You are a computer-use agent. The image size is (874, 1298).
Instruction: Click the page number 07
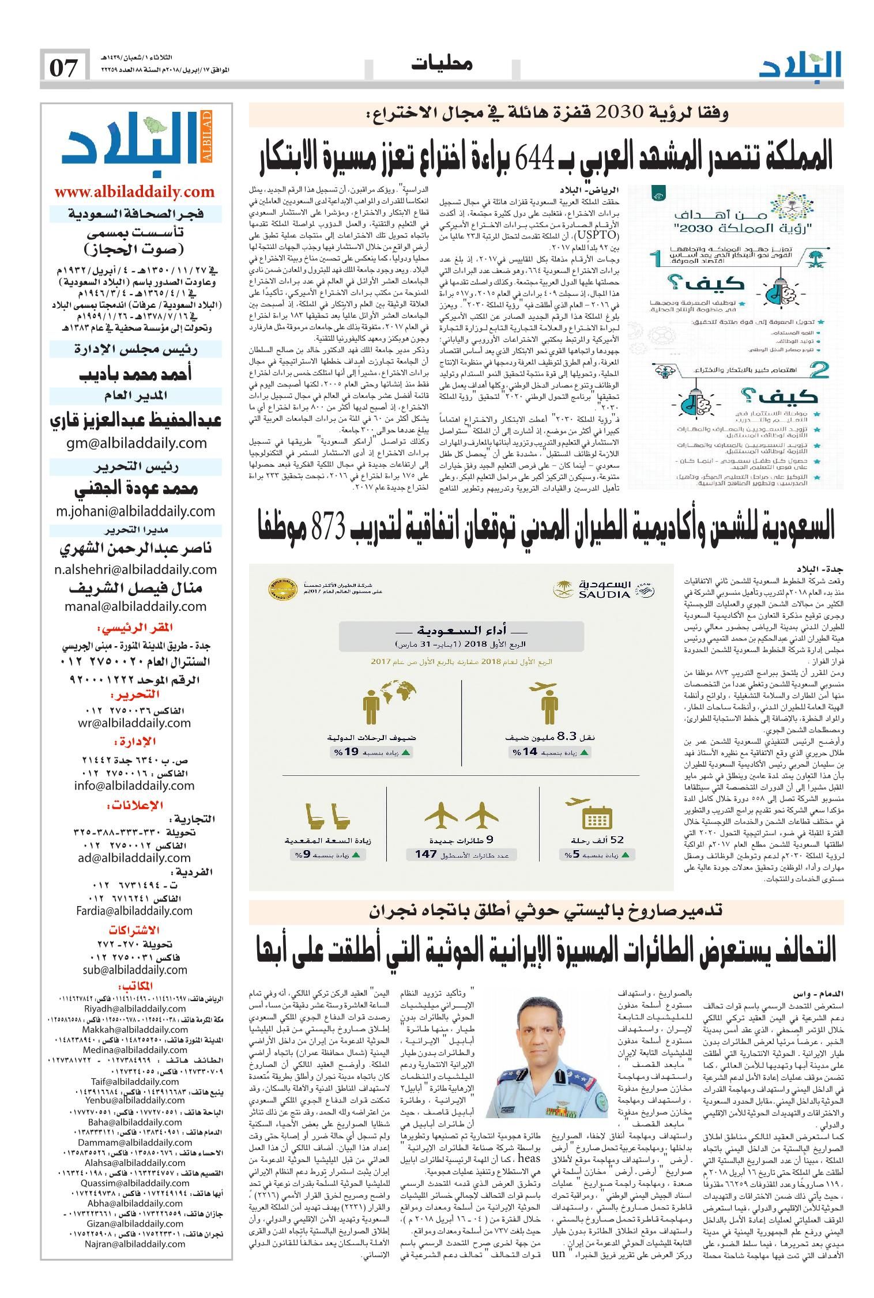click(64, 69)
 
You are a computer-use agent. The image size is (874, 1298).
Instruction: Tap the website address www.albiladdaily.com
click(135, 192)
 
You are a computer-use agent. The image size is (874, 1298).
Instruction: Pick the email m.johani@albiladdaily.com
click(135, 511)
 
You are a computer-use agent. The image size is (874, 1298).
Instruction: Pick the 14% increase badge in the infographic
click(551, 752)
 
